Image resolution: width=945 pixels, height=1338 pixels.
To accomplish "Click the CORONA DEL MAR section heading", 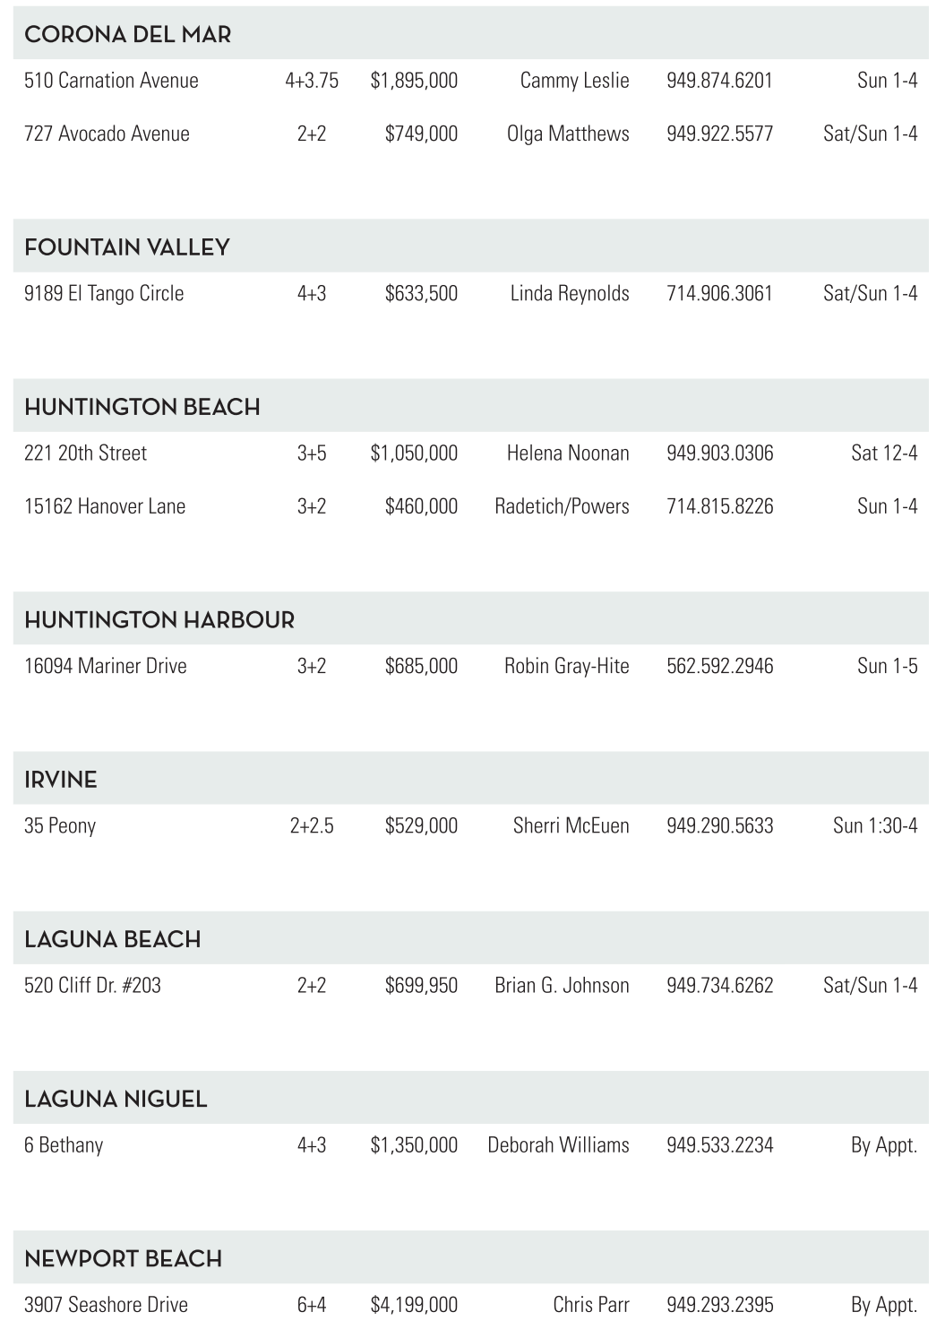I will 127,35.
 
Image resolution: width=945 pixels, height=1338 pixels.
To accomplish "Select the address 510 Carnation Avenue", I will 111,81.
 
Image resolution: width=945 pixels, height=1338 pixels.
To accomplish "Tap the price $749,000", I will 421,134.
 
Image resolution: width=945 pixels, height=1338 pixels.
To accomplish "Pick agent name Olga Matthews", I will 568,134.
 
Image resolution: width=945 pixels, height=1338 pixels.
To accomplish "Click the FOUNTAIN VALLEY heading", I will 127,247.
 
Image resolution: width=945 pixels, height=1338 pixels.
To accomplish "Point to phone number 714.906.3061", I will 719,294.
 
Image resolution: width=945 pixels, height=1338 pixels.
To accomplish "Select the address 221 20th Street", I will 85,453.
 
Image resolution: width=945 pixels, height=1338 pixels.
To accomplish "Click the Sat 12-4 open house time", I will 883,453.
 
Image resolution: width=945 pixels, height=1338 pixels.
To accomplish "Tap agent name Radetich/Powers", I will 562,506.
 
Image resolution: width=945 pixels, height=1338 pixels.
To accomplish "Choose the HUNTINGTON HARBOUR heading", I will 159,620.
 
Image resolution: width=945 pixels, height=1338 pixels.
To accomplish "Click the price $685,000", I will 421,667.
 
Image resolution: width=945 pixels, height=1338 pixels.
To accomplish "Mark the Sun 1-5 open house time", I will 887,667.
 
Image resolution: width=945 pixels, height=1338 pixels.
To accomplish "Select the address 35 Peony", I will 60,826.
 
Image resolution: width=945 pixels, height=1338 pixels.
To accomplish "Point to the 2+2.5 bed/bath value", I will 312,826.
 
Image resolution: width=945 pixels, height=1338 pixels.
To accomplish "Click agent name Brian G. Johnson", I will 562,986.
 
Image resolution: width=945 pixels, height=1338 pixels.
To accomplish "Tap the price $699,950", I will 421,986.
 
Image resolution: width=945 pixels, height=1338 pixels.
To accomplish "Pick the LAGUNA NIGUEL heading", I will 116,1100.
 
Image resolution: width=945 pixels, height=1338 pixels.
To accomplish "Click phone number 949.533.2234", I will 719,1145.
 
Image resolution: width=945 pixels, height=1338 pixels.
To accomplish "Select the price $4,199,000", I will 414,1305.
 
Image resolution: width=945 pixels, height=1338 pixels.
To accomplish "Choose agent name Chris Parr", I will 590,1305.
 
